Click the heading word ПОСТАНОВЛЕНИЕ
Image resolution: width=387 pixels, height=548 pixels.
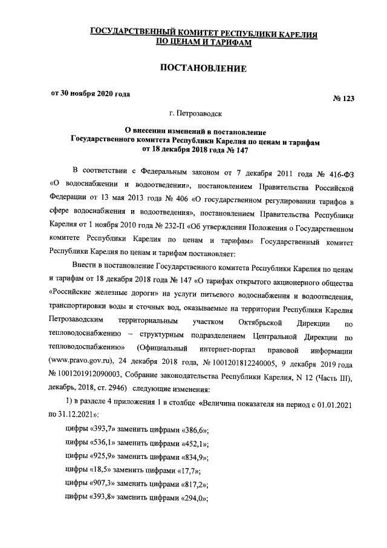(203, 69)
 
